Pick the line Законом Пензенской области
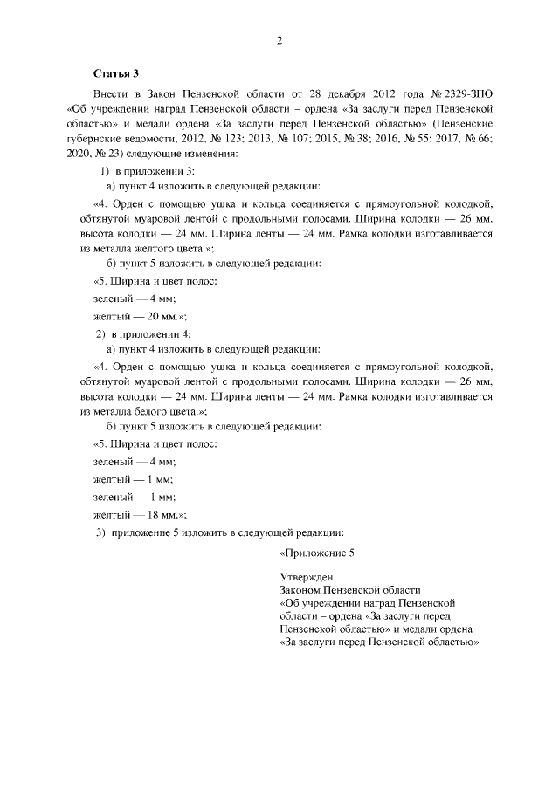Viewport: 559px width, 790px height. pos(350,590)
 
